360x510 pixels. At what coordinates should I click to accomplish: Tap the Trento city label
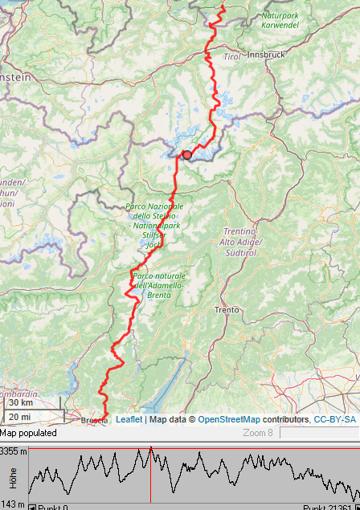[227, 309]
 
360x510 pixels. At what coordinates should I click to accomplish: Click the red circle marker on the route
[187, 155]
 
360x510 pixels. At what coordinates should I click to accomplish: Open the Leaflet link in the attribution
[129, 419]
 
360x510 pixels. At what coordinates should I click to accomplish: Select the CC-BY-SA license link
[334, 419]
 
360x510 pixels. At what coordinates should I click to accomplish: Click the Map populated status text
[28, 433]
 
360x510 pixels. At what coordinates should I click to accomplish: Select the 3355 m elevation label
[14, 451]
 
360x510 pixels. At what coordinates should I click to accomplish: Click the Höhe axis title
[13, 479]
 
